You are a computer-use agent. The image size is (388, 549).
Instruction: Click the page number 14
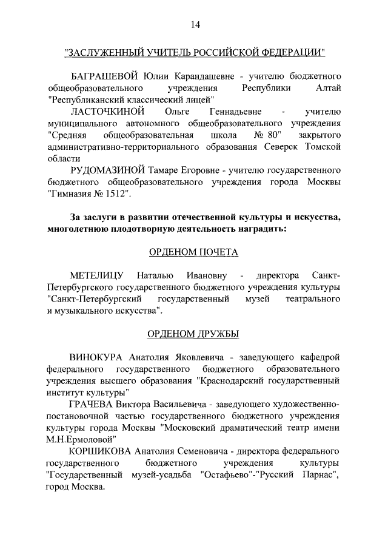(194, 25)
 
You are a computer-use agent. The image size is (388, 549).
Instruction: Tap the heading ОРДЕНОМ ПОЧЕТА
(194, 252)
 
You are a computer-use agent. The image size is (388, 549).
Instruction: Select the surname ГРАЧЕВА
(93, 404)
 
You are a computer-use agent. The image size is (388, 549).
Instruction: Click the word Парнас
(311, 475)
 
